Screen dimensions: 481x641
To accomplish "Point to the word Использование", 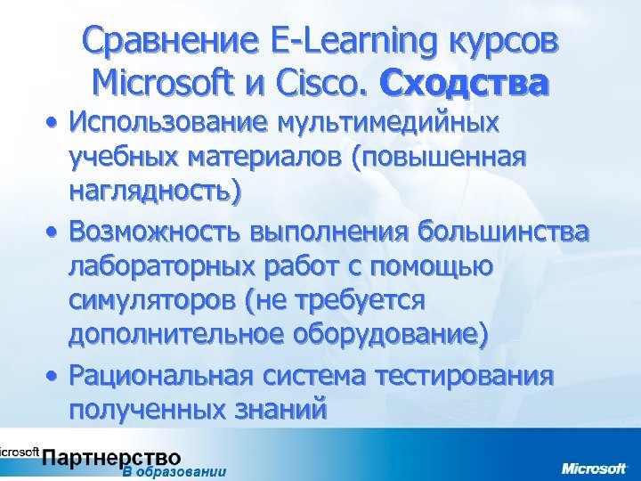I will tap(171, 121).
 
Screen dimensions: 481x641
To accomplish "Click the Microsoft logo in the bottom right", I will tap(593, 467).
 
